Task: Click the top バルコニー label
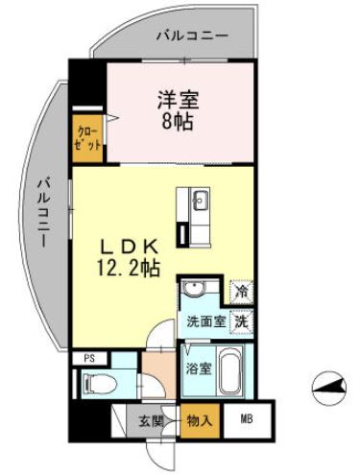pos(191,36)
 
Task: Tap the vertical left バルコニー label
pos(44,212)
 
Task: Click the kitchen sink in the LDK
pos(202,202)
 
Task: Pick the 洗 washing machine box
pos(243,321)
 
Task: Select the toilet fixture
pos(99,382)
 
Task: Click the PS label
pos(88,359)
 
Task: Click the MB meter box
pos(248,418)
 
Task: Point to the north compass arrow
pos(329,388)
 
